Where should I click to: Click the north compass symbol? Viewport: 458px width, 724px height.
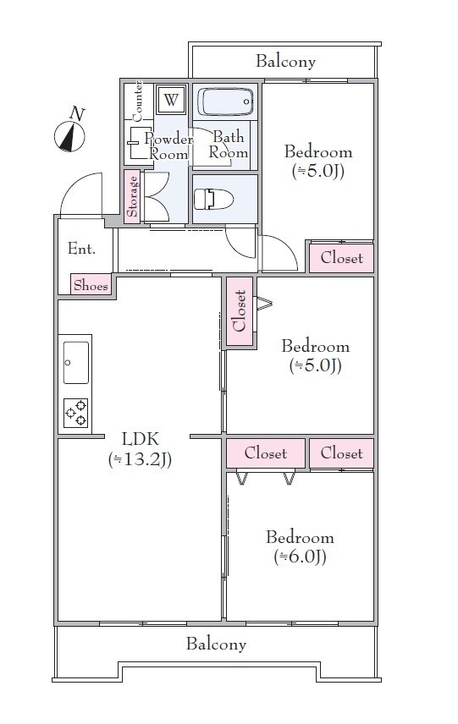70,134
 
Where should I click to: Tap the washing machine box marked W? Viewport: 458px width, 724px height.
171,99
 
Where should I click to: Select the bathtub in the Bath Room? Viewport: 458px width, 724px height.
226,101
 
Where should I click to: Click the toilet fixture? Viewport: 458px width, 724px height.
213,199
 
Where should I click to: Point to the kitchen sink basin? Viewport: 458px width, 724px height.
76,363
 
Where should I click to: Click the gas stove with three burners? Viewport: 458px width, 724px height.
76,413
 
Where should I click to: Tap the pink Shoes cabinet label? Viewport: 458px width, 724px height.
91,285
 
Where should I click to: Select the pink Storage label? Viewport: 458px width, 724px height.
133,197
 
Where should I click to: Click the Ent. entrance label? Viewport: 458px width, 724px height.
81,249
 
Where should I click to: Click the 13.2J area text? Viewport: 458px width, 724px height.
140,459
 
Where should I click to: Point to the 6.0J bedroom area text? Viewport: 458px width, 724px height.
301,557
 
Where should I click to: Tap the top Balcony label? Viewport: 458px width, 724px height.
285,61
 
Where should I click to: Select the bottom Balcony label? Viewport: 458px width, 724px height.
216,644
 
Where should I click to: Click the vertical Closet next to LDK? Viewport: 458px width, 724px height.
240,310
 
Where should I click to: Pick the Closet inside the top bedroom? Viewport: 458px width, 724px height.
341,258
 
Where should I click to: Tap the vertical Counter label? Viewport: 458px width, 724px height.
138,101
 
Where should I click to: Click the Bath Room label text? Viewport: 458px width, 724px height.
229,145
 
